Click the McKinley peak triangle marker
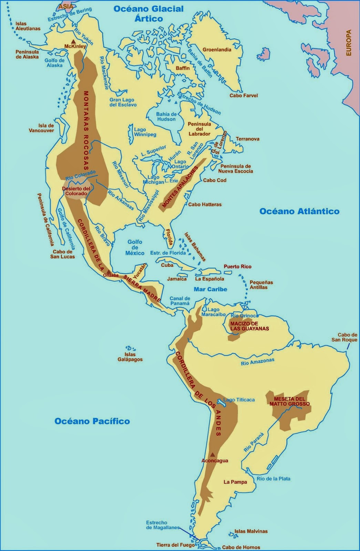[73, 41]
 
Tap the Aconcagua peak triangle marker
[213, 454]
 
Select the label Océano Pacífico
[92, 421]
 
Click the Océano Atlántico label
[299, 211]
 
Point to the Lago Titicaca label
[239, 400]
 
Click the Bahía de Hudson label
[166, 117]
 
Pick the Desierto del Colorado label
[76, 191]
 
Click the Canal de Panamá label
[180, 301]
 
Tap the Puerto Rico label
[237, 267]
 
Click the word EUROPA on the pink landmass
[349, 43]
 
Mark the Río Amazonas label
[258, 361]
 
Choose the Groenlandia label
[217, 50]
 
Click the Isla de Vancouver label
[41, 128]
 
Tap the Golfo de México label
[135, 247]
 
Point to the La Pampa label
[235, 482]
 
